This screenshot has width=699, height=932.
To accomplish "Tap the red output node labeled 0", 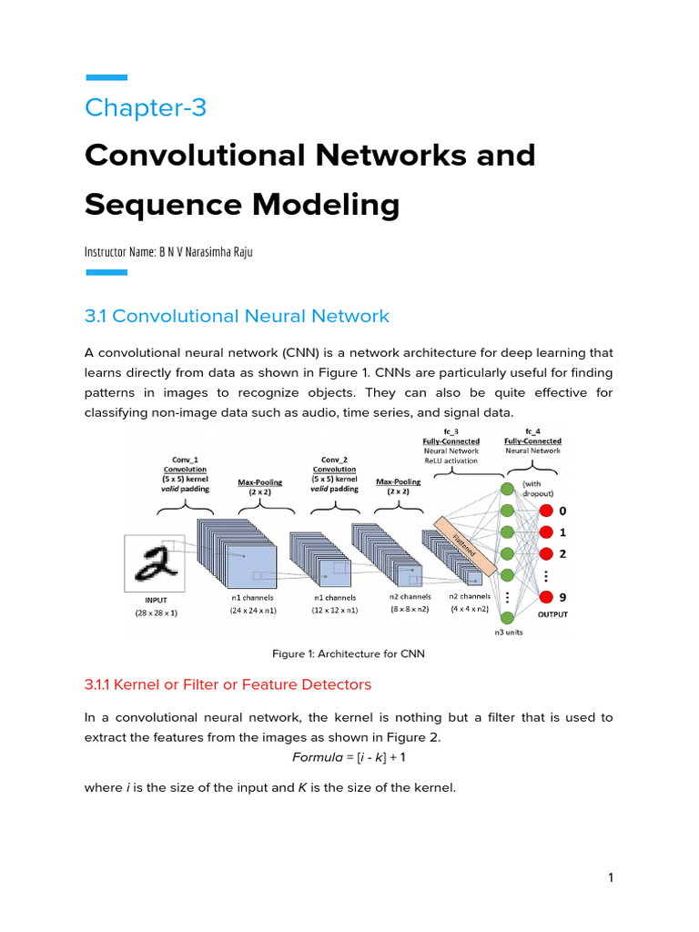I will tap(545, 510).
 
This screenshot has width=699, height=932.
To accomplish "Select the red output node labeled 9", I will tap(545, 597).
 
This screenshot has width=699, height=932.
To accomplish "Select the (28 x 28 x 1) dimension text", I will tap(157, 613).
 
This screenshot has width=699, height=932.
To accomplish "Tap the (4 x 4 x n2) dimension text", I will tap(470, 609).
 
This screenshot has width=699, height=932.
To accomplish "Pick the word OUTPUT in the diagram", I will tap(552, 614).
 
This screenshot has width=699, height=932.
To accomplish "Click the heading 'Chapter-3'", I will tap(146, 107).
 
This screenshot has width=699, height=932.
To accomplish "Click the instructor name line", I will tap(168, 251).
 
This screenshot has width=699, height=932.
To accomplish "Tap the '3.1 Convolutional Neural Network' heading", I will tap(237, 316).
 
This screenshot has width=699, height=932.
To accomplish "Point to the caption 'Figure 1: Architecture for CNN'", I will tap(349, 653).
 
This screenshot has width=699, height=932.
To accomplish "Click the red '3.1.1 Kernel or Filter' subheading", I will tap(228, 684).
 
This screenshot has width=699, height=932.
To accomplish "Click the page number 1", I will tap(611, 877).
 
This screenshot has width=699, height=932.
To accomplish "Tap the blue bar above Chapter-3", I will tap(106, 78).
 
